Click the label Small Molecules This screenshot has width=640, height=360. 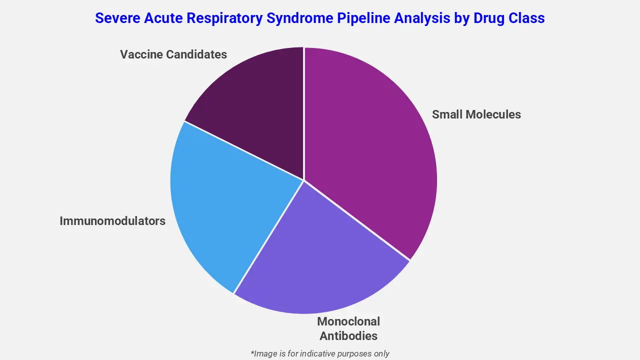point(476,114)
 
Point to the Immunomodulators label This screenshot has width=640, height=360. point(112,221)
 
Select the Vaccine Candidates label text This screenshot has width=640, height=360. point(173,54)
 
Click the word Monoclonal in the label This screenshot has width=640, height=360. point(348,321)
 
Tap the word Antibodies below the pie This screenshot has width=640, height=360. point(348,335)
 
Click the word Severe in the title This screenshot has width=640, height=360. point(115,18)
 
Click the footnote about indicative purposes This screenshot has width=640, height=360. point(320,353)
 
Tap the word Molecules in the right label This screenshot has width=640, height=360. point(493,114)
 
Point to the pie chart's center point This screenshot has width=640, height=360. point(303,180)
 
